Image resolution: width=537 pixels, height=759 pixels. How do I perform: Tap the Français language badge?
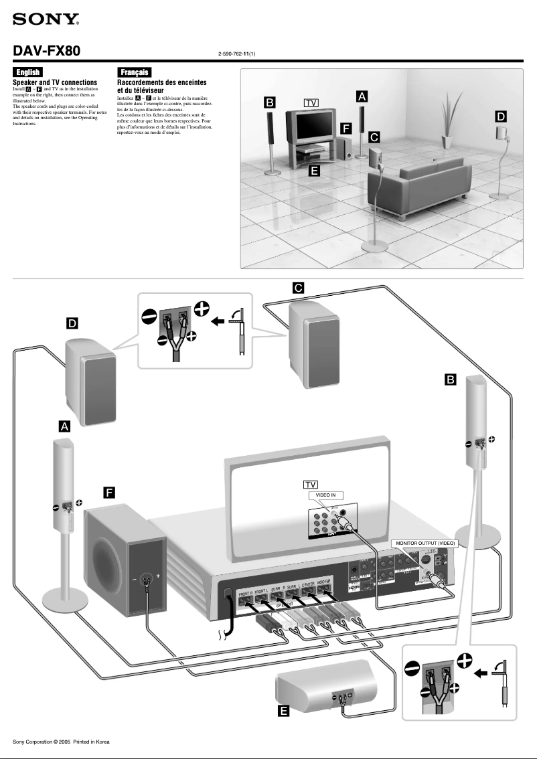point(134,72)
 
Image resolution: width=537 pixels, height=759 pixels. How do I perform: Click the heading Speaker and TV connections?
point(56,82)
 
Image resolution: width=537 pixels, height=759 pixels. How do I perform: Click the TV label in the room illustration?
point(311,102)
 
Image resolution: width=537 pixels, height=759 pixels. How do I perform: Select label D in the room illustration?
point(501,116)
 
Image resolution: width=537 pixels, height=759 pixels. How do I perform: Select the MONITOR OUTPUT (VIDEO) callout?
point(425,543)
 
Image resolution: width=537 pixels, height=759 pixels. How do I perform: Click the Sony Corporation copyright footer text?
point(61,742)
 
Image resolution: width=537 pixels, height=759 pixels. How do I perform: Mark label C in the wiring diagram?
point(299,288)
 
